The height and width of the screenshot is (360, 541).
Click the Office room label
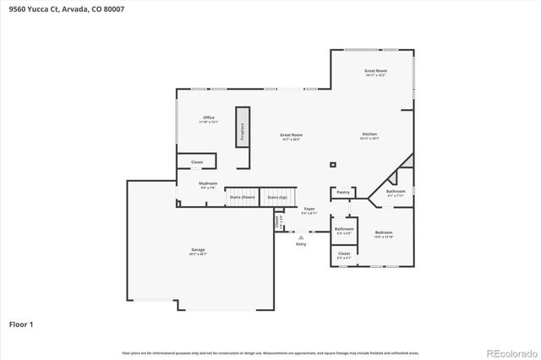[208, 117]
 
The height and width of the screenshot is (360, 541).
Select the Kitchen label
[369, 134]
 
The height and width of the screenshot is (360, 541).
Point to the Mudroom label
[208, 183]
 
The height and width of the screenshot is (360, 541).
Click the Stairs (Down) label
[242, 197]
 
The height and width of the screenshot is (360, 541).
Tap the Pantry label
[342, 193]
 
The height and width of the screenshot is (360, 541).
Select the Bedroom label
[384, 232]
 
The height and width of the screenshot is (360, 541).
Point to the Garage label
[198, 250]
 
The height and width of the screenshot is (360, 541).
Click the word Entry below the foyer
[301, 243]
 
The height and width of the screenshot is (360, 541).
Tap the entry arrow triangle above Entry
[301, 237]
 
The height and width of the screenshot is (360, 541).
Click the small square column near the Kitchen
[333, 165]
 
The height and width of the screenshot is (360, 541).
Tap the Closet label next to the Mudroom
[196, 161]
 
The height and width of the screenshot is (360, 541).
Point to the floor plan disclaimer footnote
[270, 353]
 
